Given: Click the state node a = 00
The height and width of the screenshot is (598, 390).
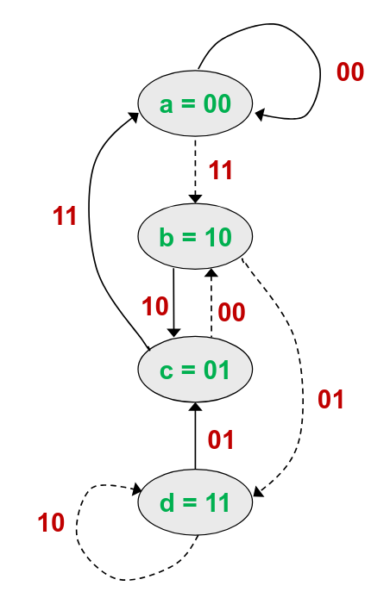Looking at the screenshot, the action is [x=195, y=103].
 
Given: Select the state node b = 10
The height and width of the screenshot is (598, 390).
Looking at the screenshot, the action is [x=195, y=236].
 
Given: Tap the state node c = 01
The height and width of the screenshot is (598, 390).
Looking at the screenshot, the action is [x=195, y=369].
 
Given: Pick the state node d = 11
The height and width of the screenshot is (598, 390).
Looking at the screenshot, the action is [x=195, y=502].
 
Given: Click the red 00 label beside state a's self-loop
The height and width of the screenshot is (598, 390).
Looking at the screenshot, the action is [x=350, y=72].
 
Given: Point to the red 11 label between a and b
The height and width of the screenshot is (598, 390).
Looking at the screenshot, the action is [x=221, y=170].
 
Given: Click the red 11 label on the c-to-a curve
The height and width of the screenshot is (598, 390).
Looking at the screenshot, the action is [x=65, y=216].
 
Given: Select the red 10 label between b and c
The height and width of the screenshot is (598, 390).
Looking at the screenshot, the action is [x=155, y=306].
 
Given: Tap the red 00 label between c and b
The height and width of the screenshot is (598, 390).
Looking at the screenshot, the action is [x=231, y=312].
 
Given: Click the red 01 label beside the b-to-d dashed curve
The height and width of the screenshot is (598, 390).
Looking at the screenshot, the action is [x=330, y=399].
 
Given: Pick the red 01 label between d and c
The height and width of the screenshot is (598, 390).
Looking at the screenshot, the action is [x=221, y=439].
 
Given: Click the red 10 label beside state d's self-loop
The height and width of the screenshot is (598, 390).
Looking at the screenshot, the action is [x=51, y=522].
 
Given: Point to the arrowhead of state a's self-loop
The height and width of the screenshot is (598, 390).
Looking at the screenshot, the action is [x=260, y=115].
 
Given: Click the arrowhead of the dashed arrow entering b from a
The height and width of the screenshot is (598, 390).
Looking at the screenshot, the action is [x=195, y=199].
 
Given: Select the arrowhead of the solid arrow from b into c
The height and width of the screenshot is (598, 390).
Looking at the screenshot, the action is [x=173, y=332].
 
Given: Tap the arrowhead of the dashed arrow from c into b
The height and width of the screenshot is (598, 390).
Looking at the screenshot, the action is [x=211, y=273].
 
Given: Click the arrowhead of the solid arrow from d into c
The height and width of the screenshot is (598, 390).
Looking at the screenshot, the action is [x=195, y=407].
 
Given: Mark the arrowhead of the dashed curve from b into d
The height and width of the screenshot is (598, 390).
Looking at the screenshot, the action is [x=259, y=492].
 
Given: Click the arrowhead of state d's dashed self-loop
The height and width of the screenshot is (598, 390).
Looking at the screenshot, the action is [x=136, y=489].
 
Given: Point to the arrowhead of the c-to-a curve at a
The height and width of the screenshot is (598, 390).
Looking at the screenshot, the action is [x=134, y=117].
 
